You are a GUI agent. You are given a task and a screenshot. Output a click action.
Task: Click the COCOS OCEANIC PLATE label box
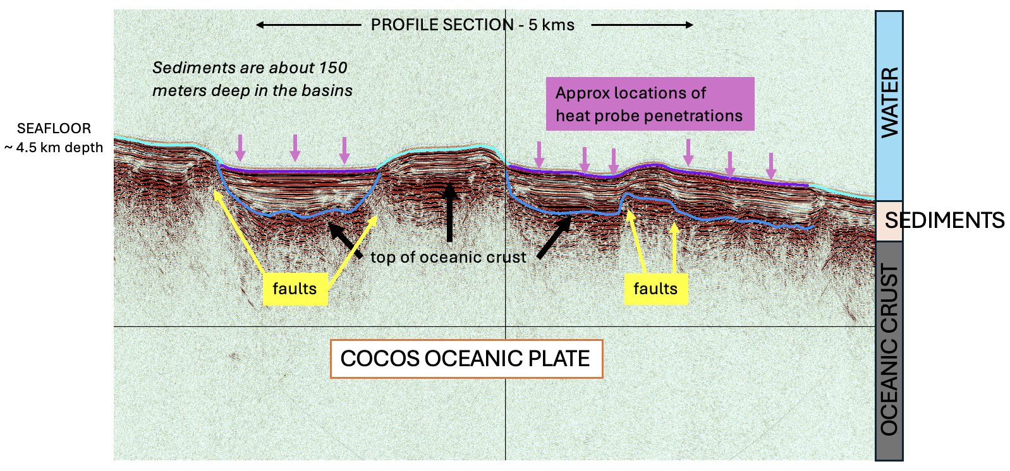click(x=466, y=359)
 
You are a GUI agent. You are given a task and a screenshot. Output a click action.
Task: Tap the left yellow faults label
click(x=295, y=289)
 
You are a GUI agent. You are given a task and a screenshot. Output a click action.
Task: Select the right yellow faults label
click(x=655, y=289)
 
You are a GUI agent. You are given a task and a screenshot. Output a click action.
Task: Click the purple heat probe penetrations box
click(x=650, y=104)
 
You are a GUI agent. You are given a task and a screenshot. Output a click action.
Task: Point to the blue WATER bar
click(x=889, y=104)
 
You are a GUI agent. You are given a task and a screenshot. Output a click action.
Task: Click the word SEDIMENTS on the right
click(x=944, y=220)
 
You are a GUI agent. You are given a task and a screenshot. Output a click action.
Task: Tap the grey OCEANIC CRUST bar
click(x=889, y=350)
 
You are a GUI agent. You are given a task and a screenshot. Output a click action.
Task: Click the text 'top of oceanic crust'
click(x=448, y=257)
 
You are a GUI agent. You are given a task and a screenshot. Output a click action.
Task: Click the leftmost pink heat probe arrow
click(x=240, y=148)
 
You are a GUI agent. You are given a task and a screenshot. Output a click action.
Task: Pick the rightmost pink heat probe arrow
click(x=770, y=165)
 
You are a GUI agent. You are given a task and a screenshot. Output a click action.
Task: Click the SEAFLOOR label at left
click(x=54, y=128)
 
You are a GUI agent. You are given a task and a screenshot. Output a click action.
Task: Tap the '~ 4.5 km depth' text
click(x=54, y=148)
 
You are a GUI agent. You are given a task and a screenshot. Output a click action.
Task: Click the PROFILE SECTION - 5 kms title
click(x=472, y=25)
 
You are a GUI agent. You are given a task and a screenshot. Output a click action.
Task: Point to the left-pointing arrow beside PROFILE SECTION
click(x=308, y=25)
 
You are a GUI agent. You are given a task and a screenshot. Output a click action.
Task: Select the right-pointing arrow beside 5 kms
click(x=642, y=25)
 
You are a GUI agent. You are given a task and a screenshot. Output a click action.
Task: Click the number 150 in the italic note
click(x=333, y=68)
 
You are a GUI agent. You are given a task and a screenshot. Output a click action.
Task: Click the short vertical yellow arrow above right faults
click(x=674, y=247)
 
